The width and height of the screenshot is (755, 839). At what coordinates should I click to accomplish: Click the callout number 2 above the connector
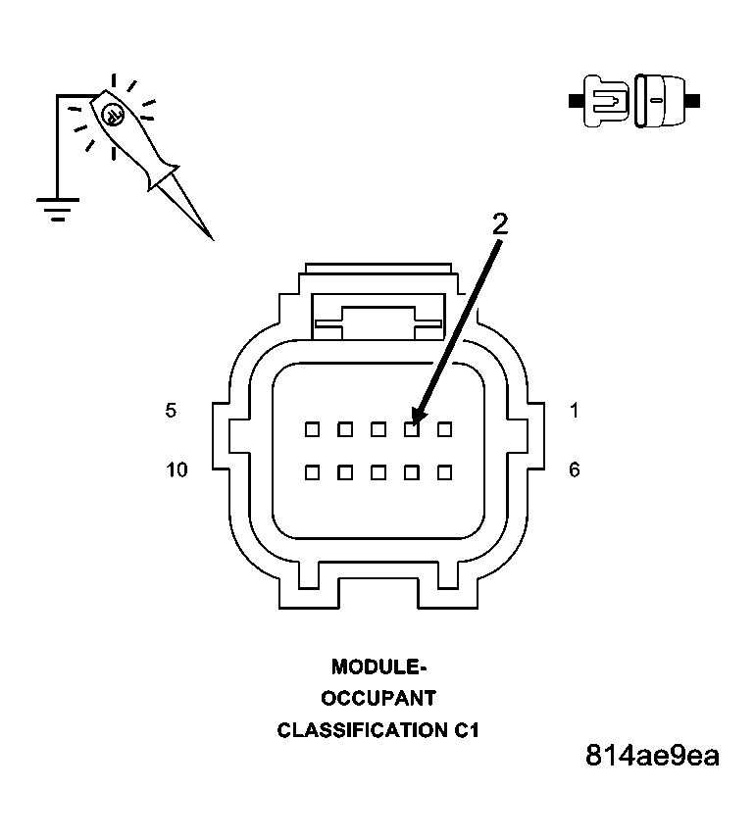500,223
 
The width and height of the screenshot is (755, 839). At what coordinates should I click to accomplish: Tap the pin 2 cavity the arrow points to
412,428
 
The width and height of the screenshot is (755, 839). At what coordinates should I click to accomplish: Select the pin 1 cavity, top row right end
444,428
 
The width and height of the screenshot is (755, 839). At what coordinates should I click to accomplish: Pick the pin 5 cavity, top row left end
312,428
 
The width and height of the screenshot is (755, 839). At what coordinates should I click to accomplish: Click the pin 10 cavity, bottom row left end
312,471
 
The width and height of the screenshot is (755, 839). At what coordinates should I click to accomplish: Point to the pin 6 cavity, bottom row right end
444,471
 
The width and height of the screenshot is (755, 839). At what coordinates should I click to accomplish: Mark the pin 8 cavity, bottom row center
378,471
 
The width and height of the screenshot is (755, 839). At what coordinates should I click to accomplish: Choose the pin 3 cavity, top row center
378,428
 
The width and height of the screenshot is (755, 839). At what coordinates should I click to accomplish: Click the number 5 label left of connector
172,412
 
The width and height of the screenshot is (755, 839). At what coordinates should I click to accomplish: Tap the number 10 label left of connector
176,470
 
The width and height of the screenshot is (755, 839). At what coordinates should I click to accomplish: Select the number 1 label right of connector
574,412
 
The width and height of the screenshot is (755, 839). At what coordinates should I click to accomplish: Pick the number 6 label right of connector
574,470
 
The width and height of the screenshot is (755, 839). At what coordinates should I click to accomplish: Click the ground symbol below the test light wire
57,209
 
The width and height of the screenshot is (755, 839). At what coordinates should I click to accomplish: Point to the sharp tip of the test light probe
210,236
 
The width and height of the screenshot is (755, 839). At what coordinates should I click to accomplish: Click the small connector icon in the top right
633,100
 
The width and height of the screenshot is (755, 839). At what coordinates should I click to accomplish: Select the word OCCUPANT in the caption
378,699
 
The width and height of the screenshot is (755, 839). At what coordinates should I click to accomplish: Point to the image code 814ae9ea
652,757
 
